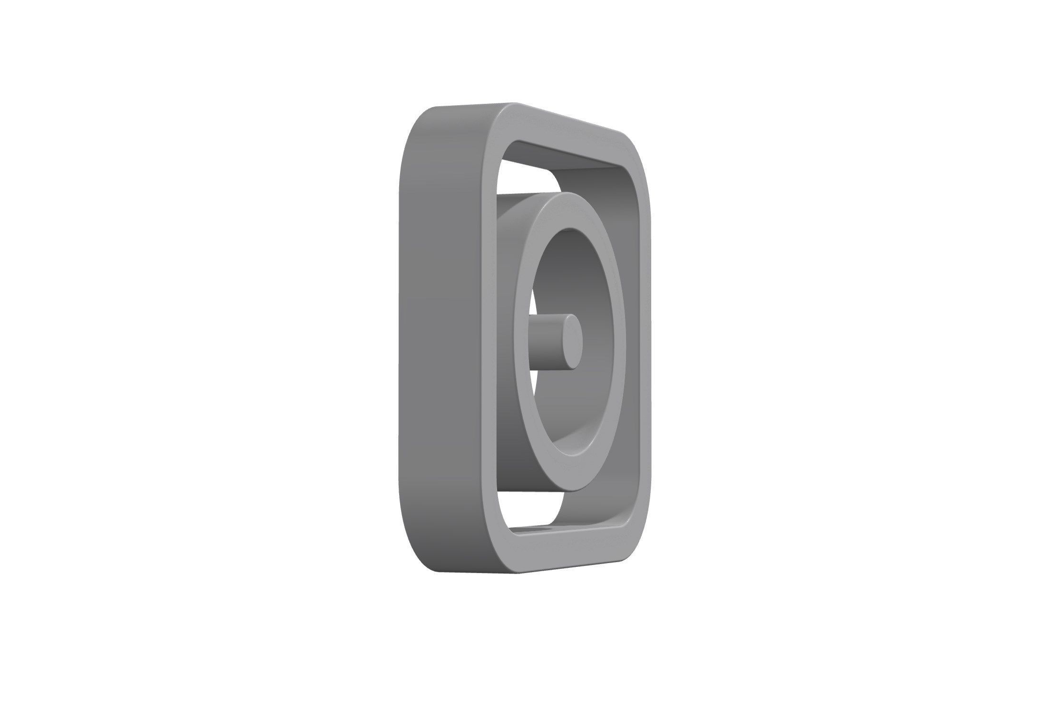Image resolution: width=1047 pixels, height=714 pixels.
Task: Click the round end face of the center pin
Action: point(570,341)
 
